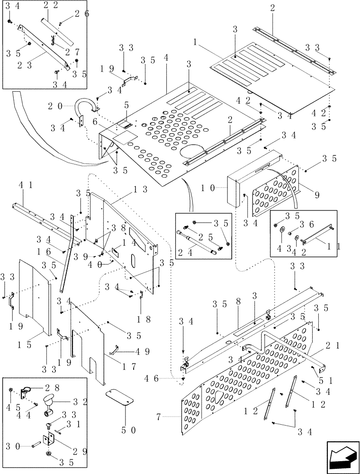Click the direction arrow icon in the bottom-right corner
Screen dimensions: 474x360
click(342, 455)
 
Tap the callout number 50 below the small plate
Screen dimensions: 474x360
click(125, 430)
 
